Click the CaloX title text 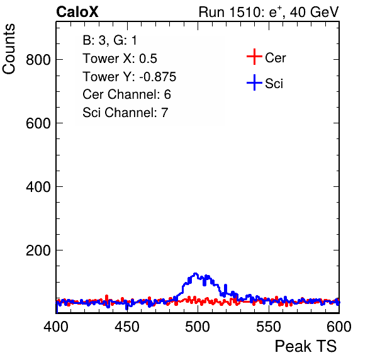tap(77, 12)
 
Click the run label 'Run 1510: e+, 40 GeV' tap(269, 12)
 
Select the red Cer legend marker tap(254, 57)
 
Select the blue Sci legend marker tap(254, 82)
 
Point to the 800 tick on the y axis tap(38, 60)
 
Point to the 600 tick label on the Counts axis tap(38, 123)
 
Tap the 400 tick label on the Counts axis tap(38, 187)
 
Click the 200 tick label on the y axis tap(38, 250)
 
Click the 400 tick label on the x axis tap(56, 327)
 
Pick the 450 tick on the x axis tap(127, 327)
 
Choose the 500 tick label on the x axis tap(198, 327)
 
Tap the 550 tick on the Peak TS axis tap(268, 327)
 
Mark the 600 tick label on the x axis tap(339, 327)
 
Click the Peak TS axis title tap(306, 346)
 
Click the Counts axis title tap(9, 49)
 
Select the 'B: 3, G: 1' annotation tap(109, 40)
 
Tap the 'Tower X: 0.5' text tap(120, 59)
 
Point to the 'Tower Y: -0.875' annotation tap(130, 77)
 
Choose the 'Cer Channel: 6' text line tap(126, 94)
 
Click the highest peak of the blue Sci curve tap(196, 273)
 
